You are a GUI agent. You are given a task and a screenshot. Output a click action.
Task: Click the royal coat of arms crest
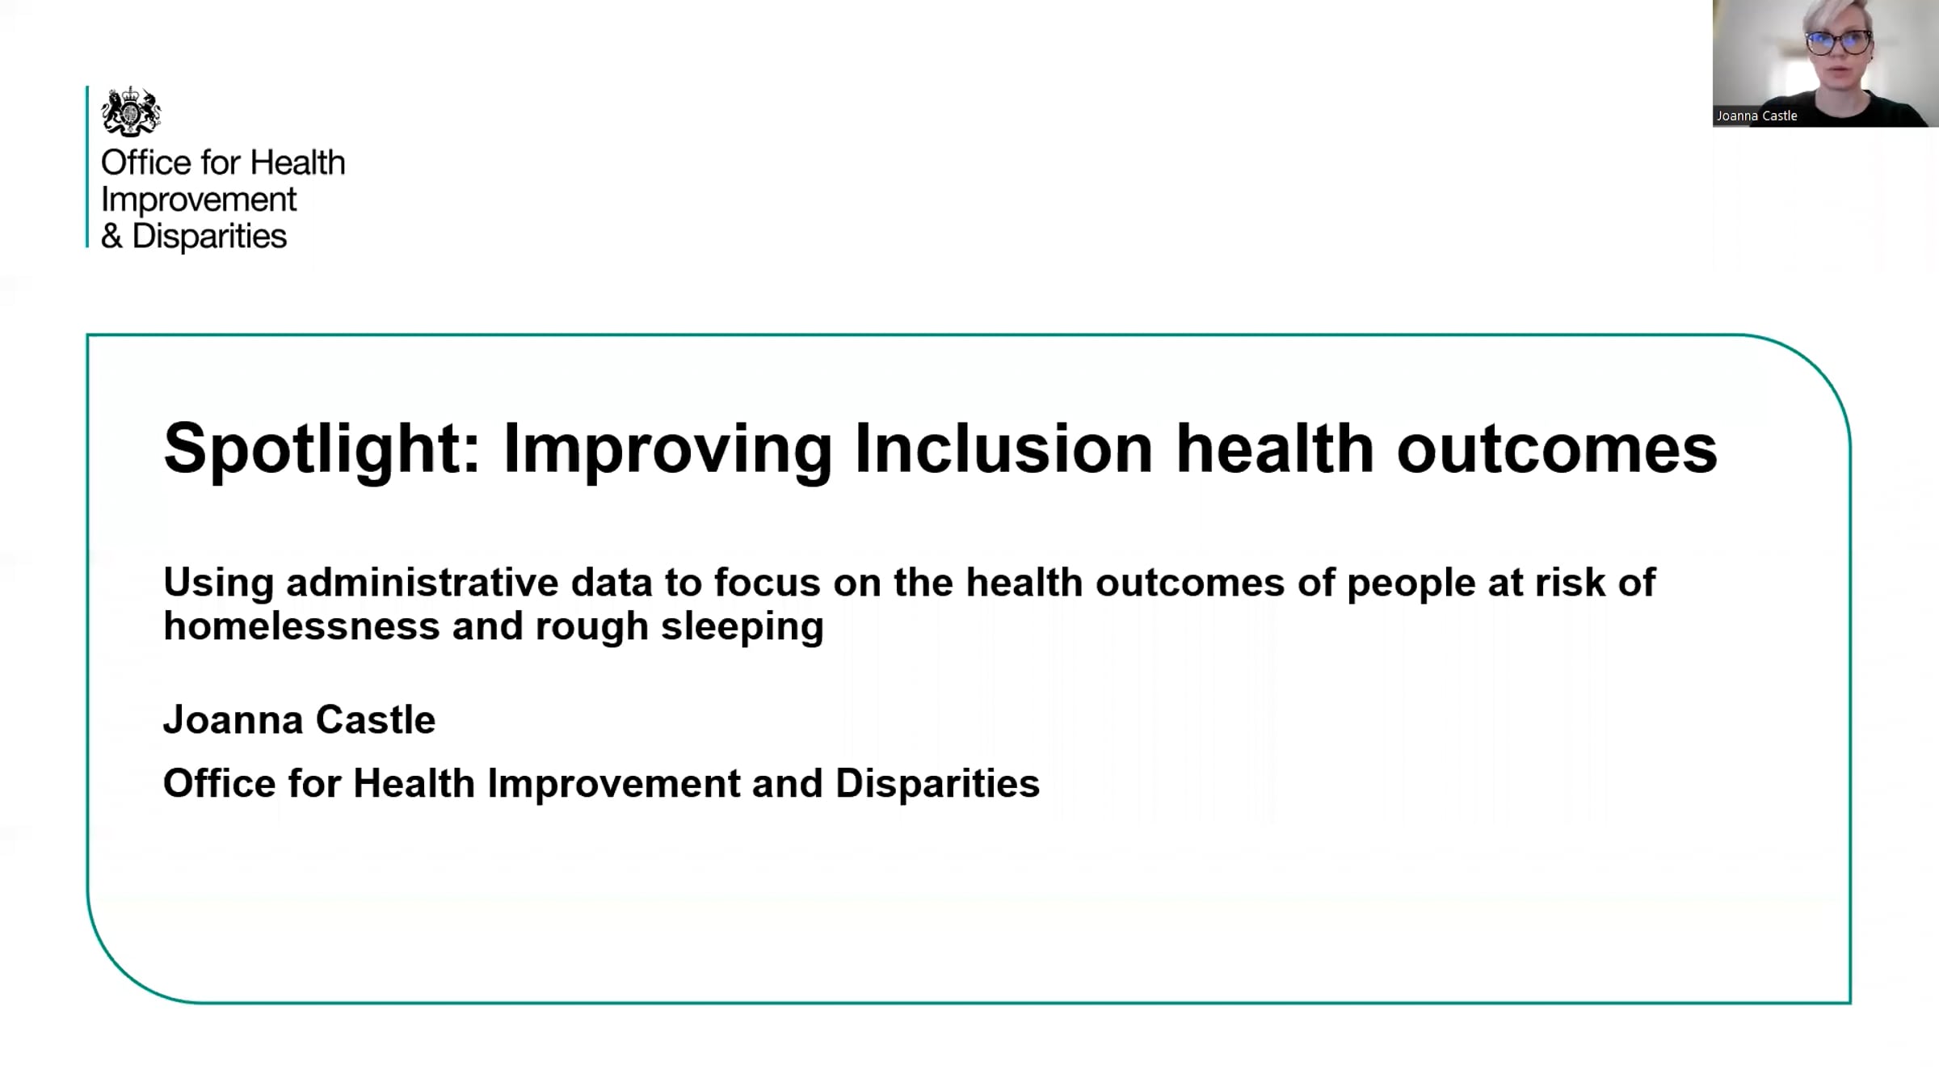[x=131, y=112]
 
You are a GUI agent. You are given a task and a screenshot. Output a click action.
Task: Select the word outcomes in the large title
[x=1557, y=449]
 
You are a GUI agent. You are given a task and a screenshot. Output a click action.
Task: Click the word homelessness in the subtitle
[x=301, y=626]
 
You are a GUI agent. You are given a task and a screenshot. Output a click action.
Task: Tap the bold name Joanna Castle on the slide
[x=300, y=719]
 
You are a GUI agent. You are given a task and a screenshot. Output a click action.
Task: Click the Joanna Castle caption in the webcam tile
[x=1757, y=116]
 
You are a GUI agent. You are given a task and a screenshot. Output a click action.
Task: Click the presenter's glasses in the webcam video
[x=1839, y=42]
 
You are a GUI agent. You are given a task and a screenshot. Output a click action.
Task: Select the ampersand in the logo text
[x=111, y=236]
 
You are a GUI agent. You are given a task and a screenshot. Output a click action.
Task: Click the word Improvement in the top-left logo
[x=199, y=200]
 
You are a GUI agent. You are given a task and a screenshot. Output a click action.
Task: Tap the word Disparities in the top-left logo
[x=209, y=236]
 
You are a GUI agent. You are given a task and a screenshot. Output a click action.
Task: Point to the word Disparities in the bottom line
[x=937, y=784]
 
